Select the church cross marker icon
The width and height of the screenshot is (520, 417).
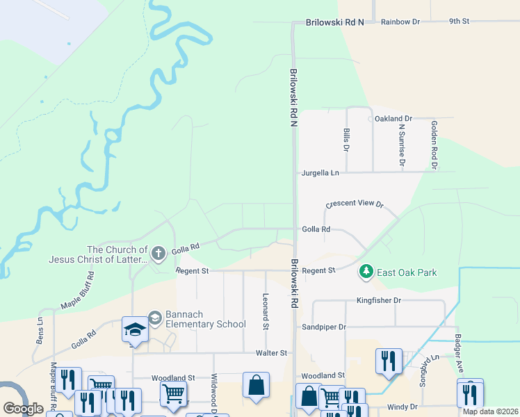(x=158, y=253)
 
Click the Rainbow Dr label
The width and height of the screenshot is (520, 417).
(x=400, y=22)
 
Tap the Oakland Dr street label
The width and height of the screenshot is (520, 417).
(x=393, y=119)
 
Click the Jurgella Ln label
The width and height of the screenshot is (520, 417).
(x=320, y=172)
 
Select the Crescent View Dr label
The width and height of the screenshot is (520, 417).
(x=355, y=204)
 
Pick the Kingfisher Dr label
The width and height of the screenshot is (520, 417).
(x=379, y=300)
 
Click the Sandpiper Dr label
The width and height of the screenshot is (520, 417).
(x=323, y=326)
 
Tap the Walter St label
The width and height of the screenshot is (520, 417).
(x=271, y=353)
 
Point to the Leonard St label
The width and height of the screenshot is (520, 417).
(x=265, y=306)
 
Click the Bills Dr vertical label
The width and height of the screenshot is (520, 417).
(x=346, y=139)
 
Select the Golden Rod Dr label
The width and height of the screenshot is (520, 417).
(x=433, y=145)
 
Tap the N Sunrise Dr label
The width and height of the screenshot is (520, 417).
(x=401, y=145)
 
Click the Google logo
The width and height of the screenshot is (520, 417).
(x=23, y=409)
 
